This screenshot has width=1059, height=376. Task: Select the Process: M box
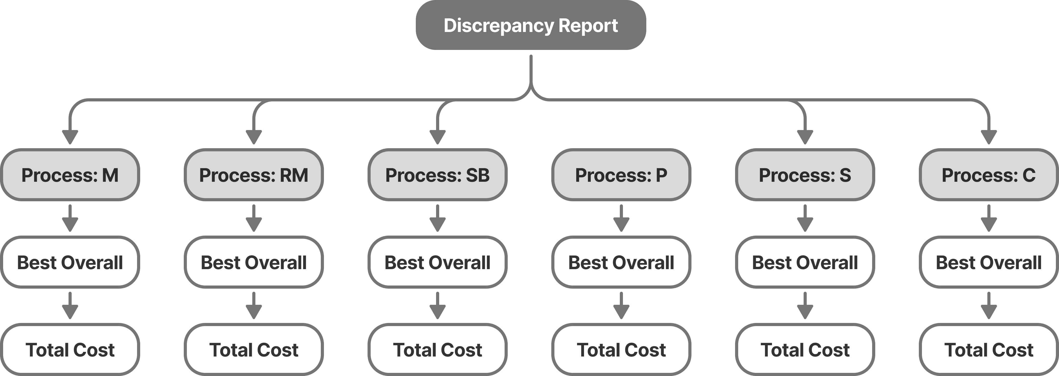click(x=70, y=175)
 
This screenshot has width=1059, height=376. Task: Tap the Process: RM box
click(x=254, y=175)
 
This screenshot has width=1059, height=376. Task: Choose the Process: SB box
click(x=437, y=175)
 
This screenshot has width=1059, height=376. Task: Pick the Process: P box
click(x=621, y=175)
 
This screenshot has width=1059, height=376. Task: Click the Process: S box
click(x=805, y=175)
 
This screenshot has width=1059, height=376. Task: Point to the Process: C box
click(x=988, y=175)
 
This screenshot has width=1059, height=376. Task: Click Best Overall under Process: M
click(x=70, y=262)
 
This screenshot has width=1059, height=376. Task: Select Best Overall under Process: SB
click(x=437, y=262)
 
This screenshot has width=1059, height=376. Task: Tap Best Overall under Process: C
click(x=988, y=262)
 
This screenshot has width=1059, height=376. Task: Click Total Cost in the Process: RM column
click(x=254, y=350)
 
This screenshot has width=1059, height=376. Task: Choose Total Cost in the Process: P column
click(x=621, y=350)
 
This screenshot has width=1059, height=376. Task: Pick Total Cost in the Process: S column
click(x=805, y=350)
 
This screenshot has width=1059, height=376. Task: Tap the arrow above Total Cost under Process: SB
click(x=437, y=306)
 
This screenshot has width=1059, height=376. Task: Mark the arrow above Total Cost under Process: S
click(x=805, y=306)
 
